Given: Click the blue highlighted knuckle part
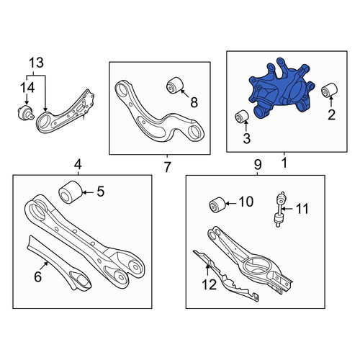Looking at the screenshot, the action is (x=281, y=91).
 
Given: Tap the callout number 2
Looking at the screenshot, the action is (x=331, y=115).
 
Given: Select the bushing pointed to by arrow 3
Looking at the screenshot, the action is (x=242, y=116).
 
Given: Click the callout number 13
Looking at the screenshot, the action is (x=36, y=63).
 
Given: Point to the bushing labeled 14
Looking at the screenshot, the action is (x=26, y=113).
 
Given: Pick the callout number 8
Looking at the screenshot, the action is (x=194, y=103).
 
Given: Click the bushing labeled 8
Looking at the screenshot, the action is (x=175, y=85).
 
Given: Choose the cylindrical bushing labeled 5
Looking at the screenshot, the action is (x=71, y=192).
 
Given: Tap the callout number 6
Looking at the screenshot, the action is (x=38, y=276).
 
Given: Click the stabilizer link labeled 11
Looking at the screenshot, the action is (x=279, y=209).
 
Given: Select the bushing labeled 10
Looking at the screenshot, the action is (x=217, y=204).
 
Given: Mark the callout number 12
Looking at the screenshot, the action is (x=210, y=284).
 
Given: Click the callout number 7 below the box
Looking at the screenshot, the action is (x=167, y=167).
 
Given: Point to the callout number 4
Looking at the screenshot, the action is (x=78, y=165).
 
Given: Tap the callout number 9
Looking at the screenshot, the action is (x=257, y=165).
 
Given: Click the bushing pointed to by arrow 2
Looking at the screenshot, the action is (x=329, y=90).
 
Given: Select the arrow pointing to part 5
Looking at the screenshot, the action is (x=89, y=192).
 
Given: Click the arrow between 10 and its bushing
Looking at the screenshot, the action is (x=231, y=204).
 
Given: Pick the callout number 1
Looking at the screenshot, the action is (x=284, y=163).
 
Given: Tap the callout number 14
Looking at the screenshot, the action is (x=27, y=87).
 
